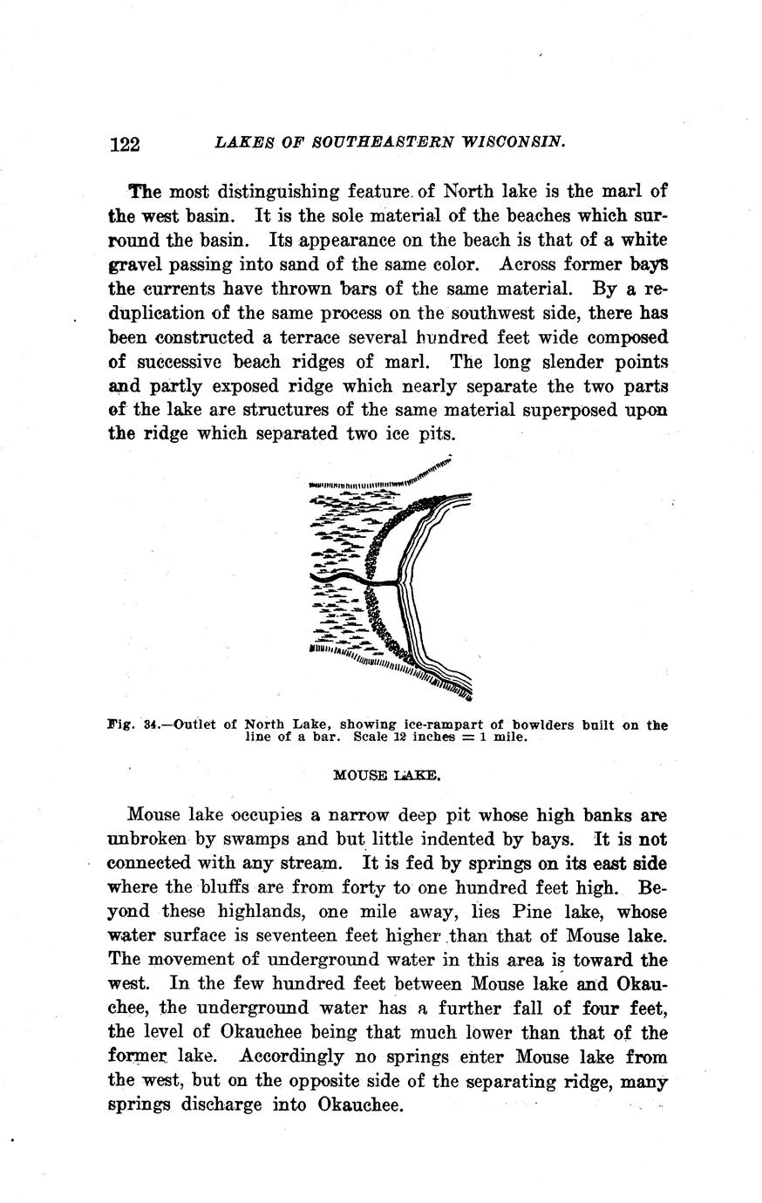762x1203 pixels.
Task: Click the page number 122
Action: (x=125, y=144)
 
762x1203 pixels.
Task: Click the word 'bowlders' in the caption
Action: (x=549, y=724)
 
